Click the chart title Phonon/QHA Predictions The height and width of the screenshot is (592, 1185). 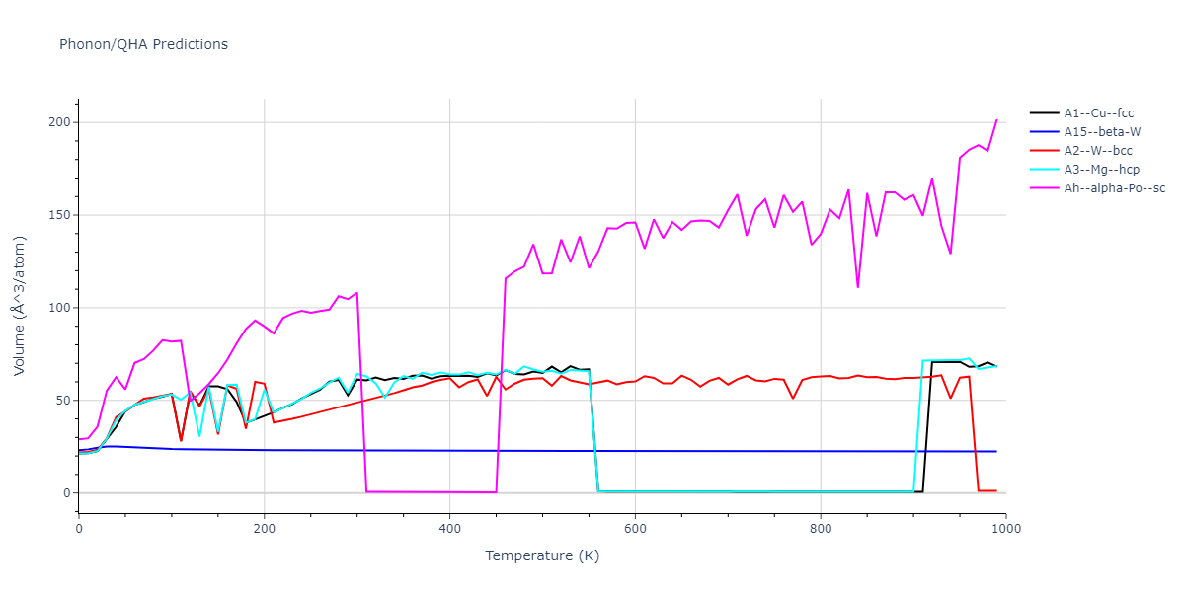click(x=143, y=44)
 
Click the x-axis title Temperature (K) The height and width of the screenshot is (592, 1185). click(x=542, y=555)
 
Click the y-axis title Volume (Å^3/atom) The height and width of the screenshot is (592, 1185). click(x=20, y=306)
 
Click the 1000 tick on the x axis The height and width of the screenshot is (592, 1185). click(x=1006, y=529)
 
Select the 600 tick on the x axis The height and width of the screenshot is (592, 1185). click(x=635, y=529)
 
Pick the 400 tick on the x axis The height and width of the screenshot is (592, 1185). click(x=449, y=529)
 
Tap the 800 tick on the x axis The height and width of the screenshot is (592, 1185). click(x=821, y=529)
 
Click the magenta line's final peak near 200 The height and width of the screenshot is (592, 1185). click(x=996, y=120)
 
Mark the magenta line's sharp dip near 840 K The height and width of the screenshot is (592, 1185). click(x=857, y=287)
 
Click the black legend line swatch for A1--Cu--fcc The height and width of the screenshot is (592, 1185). click(x=1045, y=113)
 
